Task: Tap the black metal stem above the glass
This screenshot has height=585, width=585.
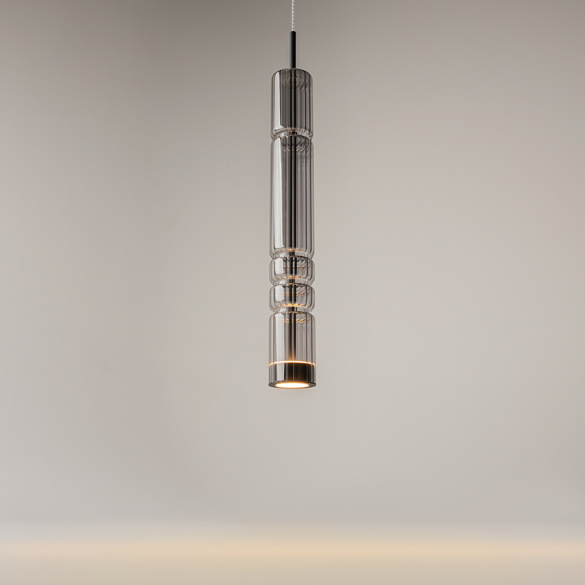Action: click(x=291, y=51)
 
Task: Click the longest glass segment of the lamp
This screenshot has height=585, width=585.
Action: click(x=291, y=196)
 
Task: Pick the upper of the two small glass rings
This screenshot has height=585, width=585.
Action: click(x=291, y=270)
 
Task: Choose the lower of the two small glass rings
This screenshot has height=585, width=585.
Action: click(x=291, y=297)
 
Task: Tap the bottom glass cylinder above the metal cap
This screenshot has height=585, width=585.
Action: click(x=291, y=336)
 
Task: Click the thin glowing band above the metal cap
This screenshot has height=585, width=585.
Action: click(x=291, y=364)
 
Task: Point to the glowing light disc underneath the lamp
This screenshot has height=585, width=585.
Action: click(x=291, y=385)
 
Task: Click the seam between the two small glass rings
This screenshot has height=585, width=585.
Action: click(x=291, y=284)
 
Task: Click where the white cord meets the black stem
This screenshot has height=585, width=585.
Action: click(x=291, y=31)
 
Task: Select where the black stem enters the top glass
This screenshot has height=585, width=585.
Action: click(x=291, y=71)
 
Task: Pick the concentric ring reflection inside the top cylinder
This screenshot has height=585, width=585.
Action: click(x=291, y=82)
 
